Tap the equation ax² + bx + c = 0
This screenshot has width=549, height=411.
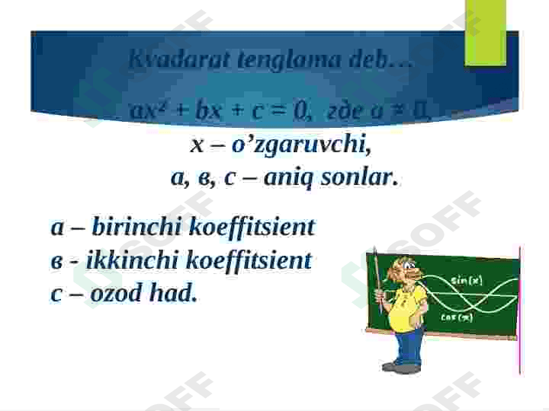click(220, 111)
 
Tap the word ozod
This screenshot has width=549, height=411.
click(117, 293)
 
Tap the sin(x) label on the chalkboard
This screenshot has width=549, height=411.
click(467, 280)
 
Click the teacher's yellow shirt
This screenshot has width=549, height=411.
click(409, 309)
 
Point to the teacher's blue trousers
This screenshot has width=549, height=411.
click(410, 346)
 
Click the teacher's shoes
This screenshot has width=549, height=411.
click(401, 368)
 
